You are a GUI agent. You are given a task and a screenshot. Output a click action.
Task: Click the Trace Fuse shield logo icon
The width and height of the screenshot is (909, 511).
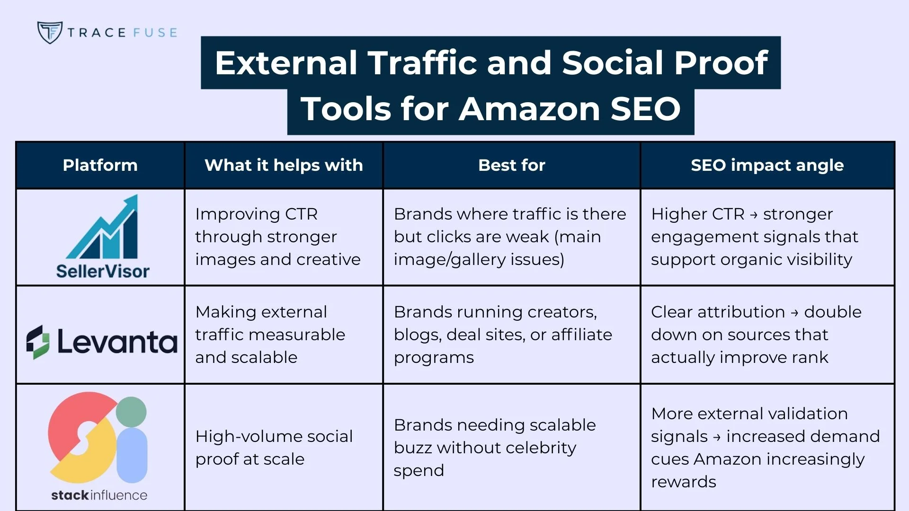pyautogui.click(x=50, y=32)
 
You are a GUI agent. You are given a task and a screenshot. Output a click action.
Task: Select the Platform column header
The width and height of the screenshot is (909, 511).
pyautogui.click(x=100, y=165)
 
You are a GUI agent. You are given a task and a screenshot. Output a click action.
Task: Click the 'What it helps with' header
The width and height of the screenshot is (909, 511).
pyautogui.click(x=284, y=165)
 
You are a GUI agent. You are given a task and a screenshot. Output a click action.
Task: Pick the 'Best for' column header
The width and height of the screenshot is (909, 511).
pyautogui.click(x=511, y=165)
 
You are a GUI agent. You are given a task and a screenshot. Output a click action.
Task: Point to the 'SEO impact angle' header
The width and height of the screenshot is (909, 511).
pyautogui.click(x=767, y=165)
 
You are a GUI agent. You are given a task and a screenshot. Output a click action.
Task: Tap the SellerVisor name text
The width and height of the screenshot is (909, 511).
pyautogui.click(x=103, y=271)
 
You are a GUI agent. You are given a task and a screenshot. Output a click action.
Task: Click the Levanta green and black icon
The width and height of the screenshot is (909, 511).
pyautogui.click(x=38, y=342)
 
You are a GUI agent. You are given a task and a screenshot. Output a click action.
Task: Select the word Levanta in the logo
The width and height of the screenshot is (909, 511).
pyautogui.click(x=117, y=342)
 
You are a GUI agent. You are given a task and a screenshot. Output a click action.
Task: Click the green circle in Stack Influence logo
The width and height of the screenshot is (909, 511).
pyautogui.click(x=131, y=412)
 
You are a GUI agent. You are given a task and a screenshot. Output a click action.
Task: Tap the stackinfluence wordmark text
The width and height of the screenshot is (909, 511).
pyautogui.click(x=99, y=495)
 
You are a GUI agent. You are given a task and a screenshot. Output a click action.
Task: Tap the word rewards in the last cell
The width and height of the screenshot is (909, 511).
pyautogui.click(x=683, y=482)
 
